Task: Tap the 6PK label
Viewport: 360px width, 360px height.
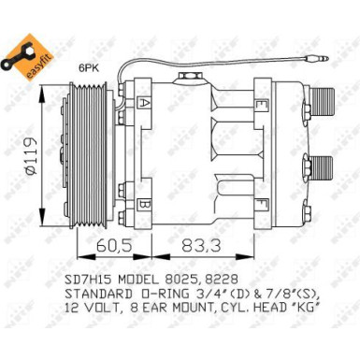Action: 88,68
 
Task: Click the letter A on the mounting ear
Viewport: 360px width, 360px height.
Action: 145,103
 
